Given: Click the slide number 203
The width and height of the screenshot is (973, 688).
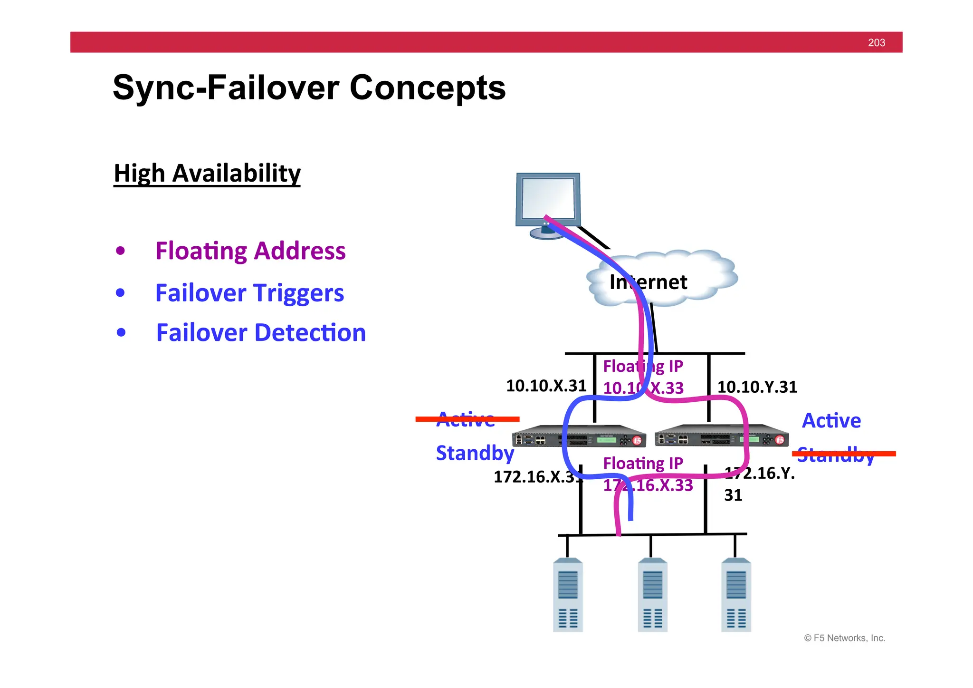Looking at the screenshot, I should tap(876, 43).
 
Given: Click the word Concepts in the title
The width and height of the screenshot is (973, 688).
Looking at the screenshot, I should tap(427, 88).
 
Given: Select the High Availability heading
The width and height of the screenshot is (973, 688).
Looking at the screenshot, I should tap(207, 173).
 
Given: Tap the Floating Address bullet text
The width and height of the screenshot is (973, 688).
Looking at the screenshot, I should tap(250, 251).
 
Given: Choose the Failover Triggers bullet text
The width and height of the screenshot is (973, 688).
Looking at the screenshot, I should tap(249, 293).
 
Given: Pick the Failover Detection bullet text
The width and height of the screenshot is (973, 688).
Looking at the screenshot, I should tap(261, 333).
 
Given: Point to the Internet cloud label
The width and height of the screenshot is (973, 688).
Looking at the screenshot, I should tap(648, 282).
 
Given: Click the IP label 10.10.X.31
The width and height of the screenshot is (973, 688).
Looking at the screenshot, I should tap(546, 386).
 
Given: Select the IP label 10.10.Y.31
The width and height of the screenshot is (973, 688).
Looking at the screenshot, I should tap(757, 387).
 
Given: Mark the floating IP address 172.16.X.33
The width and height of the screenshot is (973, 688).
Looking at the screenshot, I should tap(648, 485).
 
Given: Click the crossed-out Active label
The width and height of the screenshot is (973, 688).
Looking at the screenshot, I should tap(466, 419).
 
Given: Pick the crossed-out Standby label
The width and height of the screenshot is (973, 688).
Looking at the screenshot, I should tap(836, 455).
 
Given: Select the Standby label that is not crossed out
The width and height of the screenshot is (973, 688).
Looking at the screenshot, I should tap(475, 453).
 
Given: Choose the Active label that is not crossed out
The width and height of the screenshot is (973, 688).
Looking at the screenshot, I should tap(831, 421).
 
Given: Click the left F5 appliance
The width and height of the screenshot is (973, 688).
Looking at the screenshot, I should tap(579, 436).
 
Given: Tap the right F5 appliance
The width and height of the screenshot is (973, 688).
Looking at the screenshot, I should tap(721, 436).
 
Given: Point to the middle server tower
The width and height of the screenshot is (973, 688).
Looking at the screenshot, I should tap(652, 595).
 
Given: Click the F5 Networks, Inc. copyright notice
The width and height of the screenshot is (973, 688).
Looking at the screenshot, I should tap(844, 638).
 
